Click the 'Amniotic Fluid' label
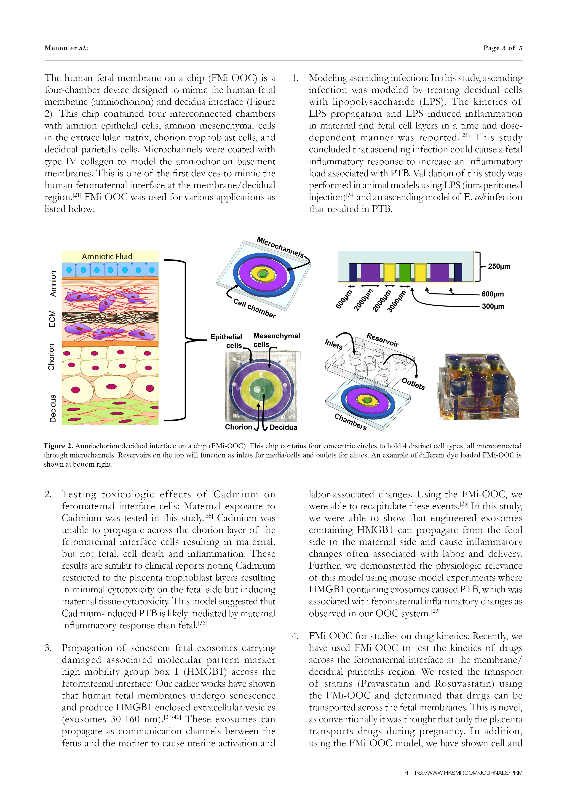click(107, 256)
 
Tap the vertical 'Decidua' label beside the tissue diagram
click(53, 408)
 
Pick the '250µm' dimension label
click(499, 266)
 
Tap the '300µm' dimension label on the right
click(493, 306)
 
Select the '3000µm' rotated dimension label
click(397, 301)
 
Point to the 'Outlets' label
click(413, 384)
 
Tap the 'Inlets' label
click(334, 344)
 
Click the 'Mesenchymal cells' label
click(276, 340)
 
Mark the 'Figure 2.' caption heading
click(58, 446)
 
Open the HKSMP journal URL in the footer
click(463, 773)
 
